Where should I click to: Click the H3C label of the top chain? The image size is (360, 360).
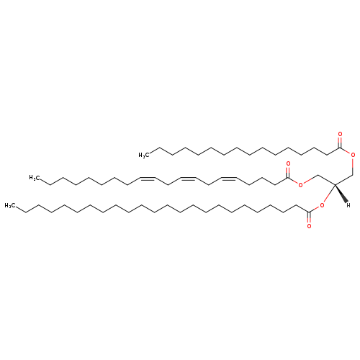tap(144, 156)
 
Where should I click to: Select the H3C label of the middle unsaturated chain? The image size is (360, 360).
tap(34, 178)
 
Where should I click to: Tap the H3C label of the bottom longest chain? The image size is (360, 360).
tap(10, 205)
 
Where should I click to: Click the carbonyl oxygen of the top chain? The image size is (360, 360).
tap(340, 134)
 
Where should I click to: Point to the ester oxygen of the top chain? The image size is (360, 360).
tap(353, 155)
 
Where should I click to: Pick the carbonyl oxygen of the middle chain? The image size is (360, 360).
tap(288, 164)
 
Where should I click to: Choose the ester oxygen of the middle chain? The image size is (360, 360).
tap(300, 185)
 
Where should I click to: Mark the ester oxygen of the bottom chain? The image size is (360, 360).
tap(322, 205)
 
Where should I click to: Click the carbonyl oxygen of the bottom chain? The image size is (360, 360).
tap(309, 226)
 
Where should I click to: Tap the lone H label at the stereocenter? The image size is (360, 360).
tap(348, 205)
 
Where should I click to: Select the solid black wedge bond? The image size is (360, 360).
tap(341, 193)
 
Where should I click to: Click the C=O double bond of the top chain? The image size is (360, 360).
tap(340, 143)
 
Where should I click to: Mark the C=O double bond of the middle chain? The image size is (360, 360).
tap(288, 172)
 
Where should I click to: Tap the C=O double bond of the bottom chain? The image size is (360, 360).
tap(309, 217)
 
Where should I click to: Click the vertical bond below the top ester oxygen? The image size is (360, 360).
tap(353, 166)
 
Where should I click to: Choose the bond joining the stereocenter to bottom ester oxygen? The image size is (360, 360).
tap(329, 194)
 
